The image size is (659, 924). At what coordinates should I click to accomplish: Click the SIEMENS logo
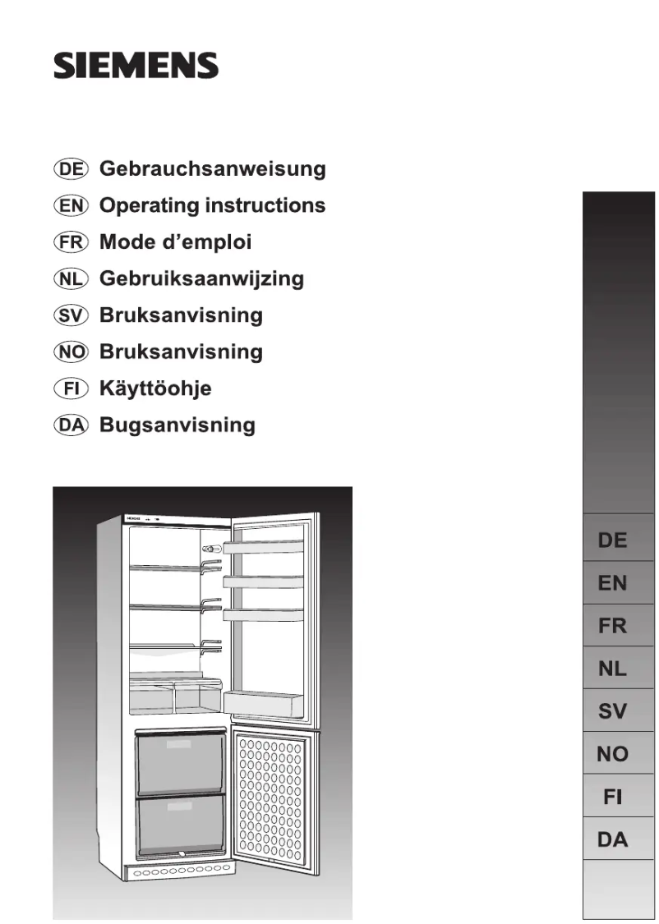[136, 66]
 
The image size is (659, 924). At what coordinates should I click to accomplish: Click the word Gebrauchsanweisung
[212, 169]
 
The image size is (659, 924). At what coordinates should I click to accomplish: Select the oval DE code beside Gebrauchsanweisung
[71, 169]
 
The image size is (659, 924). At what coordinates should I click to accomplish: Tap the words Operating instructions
[212, 205]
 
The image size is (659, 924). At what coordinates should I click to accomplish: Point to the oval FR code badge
[71, 242]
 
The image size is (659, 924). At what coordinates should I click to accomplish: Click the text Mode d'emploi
[175, 242]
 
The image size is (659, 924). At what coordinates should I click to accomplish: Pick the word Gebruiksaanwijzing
[201, 278]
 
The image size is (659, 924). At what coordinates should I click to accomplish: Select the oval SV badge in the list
[71, 315]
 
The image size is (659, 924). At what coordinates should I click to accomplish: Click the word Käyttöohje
[155, 388]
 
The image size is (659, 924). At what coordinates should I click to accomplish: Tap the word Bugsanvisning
[177, 425]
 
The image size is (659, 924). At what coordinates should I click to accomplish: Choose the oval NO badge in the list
[71, 352]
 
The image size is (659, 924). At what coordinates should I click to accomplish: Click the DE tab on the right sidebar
[612, 540]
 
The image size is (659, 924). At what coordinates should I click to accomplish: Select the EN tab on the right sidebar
[612, 583]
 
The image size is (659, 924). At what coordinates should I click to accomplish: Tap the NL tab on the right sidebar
[612, 669]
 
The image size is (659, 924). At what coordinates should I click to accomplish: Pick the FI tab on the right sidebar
[612, 797]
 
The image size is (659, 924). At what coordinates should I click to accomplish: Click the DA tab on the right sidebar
[612, 839]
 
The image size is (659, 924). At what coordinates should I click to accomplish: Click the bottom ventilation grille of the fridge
[181, 868]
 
